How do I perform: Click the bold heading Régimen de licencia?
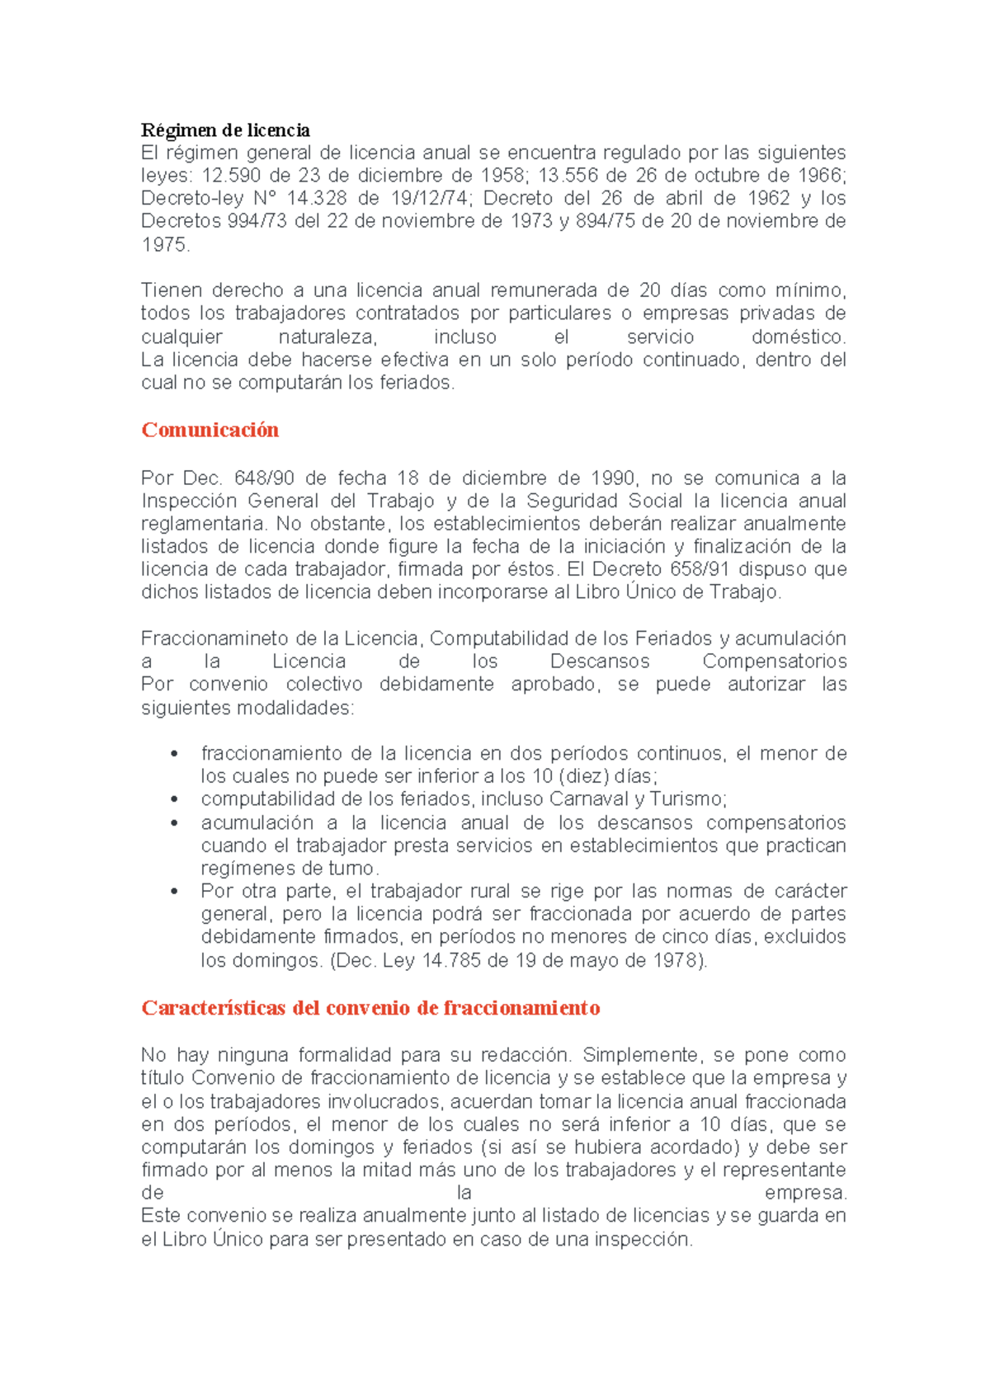pos(225,130)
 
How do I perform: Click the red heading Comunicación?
pos(210,430)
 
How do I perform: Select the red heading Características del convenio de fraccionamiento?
pos(370,1008)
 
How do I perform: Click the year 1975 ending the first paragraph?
pos(164,245)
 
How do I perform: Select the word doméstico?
pos(799,337)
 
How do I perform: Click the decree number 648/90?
pos(264,478)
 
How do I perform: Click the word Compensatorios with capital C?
pos(774,662)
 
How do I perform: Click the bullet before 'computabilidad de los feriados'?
pos(174,799)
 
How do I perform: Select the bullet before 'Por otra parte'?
pos(174,892)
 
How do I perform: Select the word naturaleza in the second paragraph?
pos(328,337)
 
